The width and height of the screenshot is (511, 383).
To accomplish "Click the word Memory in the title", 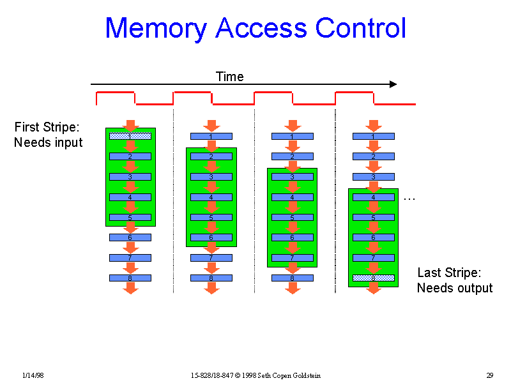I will [155, 29].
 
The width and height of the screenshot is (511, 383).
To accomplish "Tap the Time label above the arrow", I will [229, 77].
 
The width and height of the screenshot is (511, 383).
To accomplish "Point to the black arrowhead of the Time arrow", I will [393, 84].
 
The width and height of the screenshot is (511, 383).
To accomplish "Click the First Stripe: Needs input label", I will [48, 135].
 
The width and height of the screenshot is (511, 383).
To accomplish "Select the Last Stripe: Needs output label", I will [454, 280].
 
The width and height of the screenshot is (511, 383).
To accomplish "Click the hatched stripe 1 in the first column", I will [130, 136].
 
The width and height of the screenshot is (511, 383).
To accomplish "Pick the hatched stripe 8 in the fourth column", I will [374, 278].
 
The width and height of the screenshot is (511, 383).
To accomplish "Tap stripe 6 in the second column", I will [211, 237].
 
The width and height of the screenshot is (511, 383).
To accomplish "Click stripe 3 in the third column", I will [293, 177].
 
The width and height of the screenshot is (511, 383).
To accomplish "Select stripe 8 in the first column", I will [130, 278].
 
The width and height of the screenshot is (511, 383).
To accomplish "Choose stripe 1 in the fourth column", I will [374, 136].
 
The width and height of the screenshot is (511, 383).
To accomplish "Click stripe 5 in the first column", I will [130, 217].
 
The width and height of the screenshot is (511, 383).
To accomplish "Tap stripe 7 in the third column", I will [293, 258].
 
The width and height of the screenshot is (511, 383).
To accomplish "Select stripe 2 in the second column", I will [211, 156].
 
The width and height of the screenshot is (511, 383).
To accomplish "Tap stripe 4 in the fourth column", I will [374, 197].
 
